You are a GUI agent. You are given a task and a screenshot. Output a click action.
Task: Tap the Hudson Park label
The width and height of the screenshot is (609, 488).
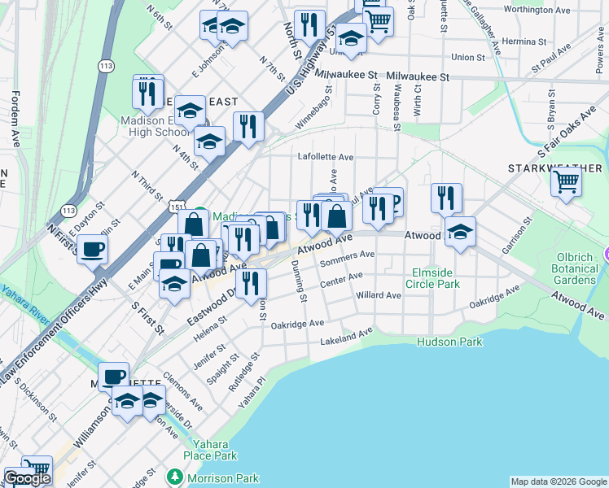(x=449, y=342)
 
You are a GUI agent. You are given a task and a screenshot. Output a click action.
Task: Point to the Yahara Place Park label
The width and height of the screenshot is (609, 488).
(x=215, y=450)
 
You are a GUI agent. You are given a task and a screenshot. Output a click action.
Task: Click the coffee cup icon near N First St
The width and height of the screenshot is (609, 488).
(x=92, y=249)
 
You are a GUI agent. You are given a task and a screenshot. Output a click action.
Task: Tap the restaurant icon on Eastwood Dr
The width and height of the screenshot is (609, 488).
(x=251, y=282)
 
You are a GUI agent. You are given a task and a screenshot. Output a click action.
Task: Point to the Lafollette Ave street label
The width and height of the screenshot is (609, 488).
(x=326, y=157)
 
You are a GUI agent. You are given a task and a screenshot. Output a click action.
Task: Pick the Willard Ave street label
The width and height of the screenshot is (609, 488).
(x=379, y=296)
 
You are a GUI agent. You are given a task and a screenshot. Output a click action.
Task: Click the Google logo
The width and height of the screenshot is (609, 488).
(x=27, y=478)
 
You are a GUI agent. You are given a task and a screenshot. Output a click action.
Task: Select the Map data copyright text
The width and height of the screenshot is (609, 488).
(x=558, y=481)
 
